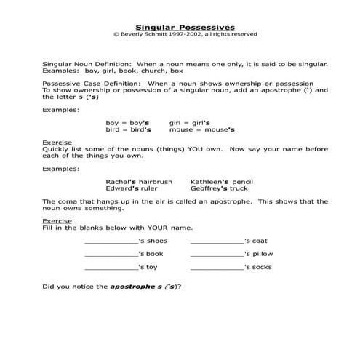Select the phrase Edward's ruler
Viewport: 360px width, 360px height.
click(x=131, y=188)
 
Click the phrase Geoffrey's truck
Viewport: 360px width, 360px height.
click(x=221, y=188)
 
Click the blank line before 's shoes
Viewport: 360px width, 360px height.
click(x=111, y=242)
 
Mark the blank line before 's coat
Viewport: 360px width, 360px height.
click(x=217, y=242)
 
